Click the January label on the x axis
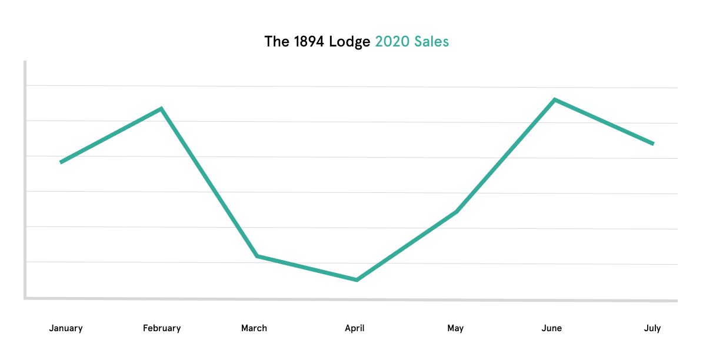point(65,328)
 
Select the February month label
point(162,328)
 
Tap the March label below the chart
point(254,328)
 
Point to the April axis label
point(355,328)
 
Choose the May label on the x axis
point(455,328)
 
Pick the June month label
point(552,328)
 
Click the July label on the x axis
point(652,328)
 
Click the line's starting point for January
point(61,162)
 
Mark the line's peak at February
point(161,109)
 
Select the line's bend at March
point(257,256)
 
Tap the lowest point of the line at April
point(357,280)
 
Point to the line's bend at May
point(457,212)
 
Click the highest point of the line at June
point(554,99)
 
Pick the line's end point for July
point(653,144)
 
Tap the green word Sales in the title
point(431,42)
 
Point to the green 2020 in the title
point(392,42)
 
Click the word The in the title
point(277,42)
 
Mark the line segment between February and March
point(209,182)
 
